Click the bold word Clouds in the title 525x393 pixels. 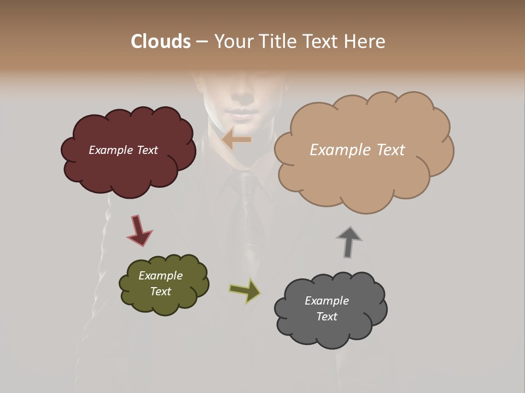[160, 41]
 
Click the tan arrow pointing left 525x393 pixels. [236, 140]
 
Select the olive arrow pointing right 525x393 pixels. [246, 290]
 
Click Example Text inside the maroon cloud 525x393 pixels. [123, 150]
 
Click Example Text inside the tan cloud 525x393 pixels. [357, 150]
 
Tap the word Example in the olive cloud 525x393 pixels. [160, 276]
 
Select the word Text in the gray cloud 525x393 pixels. [326, 317]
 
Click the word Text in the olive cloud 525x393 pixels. [160, 291]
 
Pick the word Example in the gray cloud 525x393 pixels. [326, 301]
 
